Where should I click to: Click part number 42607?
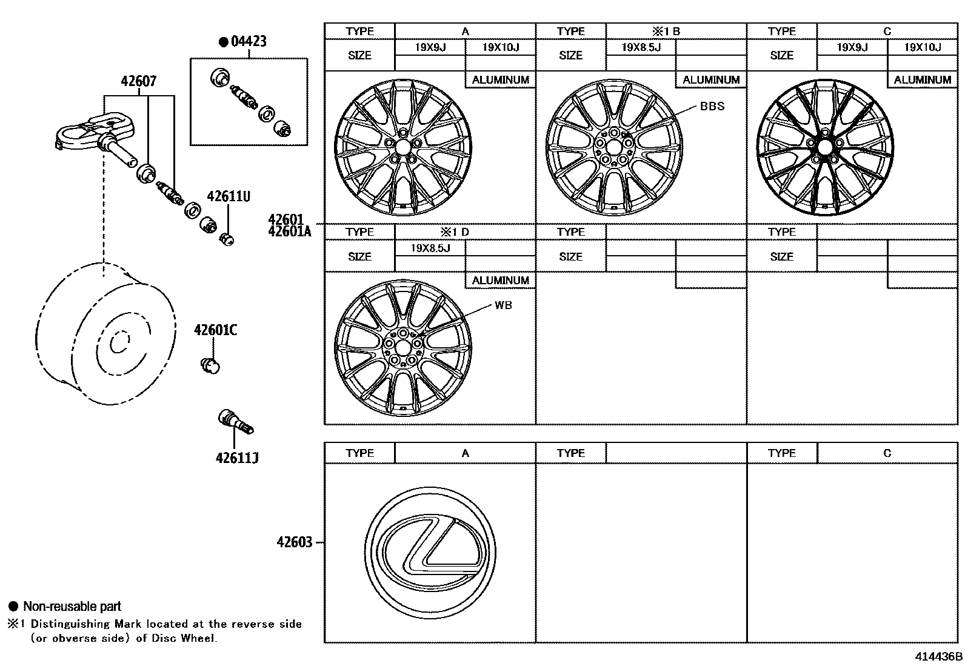(x=139, y=81)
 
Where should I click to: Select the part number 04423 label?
(x=249, y=42)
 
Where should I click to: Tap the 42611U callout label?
(x=229, y=196)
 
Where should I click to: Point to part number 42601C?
(x=215, y=330)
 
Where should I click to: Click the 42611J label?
(x=237, y=458)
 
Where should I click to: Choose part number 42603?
(x=295, y=542)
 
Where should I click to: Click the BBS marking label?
(x=712, y=106)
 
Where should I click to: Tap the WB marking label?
(x=503, y=305)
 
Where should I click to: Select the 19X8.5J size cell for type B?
(x=641, y=47)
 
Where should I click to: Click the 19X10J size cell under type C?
(x=922, y=47)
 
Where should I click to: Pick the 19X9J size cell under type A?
(x=430, y=47)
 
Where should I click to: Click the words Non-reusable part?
(x=72, y=607)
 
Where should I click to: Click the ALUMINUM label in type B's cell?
(x=711, y=80)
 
